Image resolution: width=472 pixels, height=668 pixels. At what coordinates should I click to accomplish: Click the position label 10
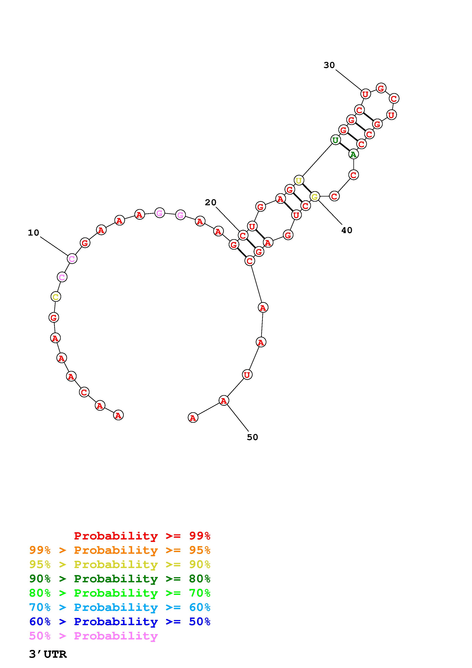point(34,233)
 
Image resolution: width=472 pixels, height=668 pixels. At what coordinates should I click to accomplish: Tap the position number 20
point(211,202)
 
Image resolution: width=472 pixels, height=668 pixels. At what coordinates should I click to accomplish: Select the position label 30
point(329,65)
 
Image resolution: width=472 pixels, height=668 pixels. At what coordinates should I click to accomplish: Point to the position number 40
point(347,230)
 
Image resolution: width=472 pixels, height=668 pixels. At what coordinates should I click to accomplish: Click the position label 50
point(252,437)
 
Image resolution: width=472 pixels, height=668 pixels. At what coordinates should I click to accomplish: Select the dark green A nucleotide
point(353,154)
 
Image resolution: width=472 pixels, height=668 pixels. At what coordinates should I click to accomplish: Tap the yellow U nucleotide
point(299,180)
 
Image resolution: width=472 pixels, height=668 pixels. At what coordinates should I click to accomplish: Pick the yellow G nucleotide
point(315,197)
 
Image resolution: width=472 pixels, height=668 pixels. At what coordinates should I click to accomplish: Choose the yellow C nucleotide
point(56,297)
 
